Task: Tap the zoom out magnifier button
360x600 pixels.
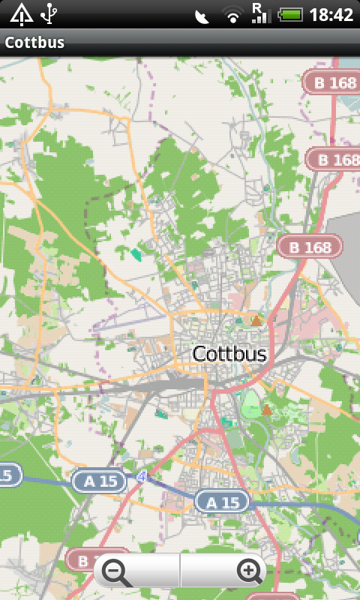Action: tap(118, 573)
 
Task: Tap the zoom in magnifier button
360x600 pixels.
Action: tap(250, 572)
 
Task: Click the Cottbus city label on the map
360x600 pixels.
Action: tap(229, 353)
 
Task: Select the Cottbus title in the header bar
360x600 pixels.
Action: tap(34, 43)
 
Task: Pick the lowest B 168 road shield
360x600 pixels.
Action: tap(310, 247)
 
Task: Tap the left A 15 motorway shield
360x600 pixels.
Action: tap(100, 481)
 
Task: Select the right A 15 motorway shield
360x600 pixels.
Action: tap(223, 502)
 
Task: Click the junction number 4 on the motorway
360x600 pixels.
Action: tap(141, 476)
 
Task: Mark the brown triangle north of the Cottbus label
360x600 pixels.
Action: tap(256, 321)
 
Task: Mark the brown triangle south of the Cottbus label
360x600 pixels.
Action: tap(266, 409)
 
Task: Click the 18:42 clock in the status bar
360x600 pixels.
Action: tap(331, 15)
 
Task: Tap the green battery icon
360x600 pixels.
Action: tap(291, 14)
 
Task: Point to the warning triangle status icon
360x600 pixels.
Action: tap(21, 14)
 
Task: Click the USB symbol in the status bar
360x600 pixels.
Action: tap(50, 14)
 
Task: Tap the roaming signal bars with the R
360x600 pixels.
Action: tap(259, 13)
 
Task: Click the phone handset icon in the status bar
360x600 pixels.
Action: tap(202, 16)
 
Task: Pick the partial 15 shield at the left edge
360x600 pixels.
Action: tap(9, 474)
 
